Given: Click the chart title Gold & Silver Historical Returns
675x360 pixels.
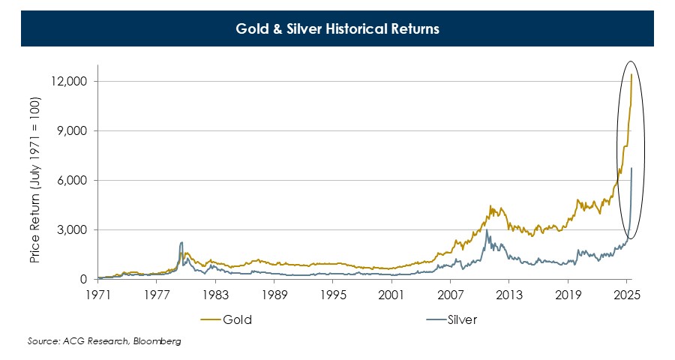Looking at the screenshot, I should point(337,31).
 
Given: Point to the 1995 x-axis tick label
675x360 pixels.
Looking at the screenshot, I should point(333,294).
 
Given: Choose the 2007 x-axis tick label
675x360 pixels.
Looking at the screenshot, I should point(451,294).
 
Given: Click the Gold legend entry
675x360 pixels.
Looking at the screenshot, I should point(237,319).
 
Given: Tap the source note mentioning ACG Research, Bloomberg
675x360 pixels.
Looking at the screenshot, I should point(104,341).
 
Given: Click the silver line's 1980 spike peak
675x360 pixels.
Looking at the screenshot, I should point(181,242).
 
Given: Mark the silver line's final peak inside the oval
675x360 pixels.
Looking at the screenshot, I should point(631,168).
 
